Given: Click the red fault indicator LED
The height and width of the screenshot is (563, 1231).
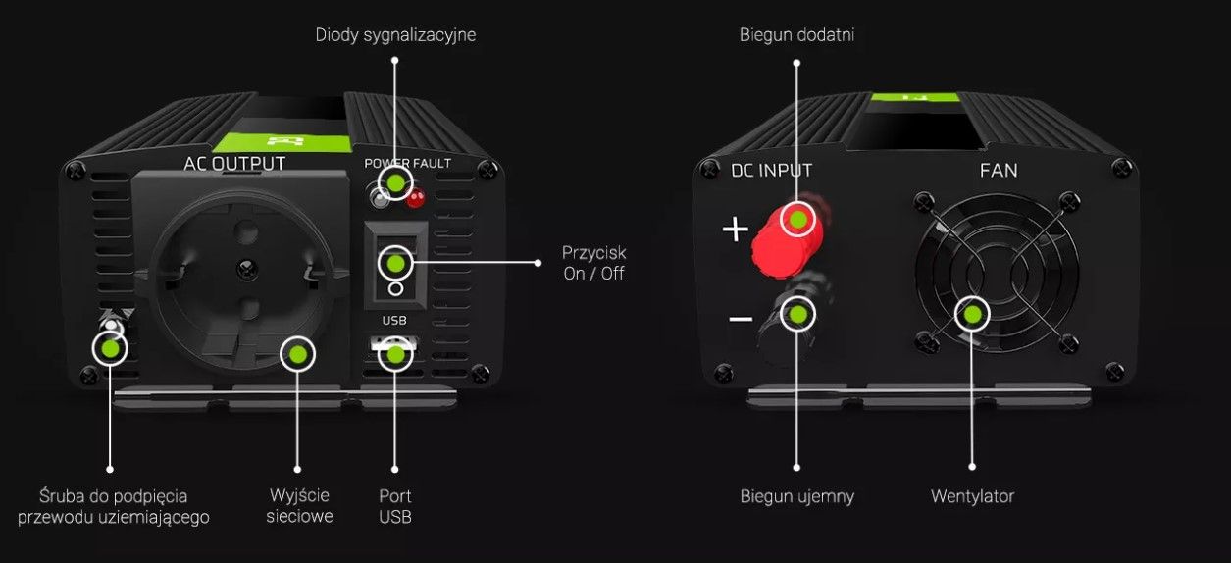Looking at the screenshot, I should [x=415, y=199].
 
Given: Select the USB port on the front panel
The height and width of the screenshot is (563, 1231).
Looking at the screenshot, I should [x=395, y=349].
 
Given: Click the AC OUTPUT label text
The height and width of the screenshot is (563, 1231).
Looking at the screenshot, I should [x=234, y=163].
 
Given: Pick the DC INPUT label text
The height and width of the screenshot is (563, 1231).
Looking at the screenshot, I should [x=772, y=171].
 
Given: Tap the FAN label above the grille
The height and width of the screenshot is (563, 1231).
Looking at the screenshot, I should [x=999, y=171].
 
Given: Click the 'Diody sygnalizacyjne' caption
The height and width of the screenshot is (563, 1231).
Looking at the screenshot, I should [x=395, y=35].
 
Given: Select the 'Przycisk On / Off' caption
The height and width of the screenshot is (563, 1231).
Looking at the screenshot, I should [x=594, y=263].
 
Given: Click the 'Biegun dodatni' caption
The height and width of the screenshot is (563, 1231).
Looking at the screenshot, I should [x=796, y=35].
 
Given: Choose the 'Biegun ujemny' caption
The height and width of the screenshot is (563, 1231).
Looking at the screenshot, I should [x=796, y=496].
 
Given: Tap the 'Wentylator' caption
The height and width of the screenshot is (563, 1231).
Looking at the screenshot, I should [x=972, y=496].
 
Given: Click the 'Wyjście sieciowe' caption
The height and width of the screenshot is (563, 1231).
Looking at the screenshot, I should [x=299, y=506].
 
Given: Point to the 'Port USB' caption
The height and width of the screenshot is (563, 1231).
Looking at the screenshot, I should [x=395, y=506].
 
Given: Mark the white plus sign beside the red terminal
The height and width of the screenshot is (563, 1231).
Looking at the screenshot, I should [x=735, y=230].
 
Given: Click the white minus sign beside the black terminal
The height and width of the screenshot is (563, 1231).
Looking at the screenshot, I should [x=741, y=320].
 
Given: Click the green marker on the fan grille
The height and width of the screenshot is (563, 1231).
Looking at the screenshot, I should [x=972, y=314].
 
